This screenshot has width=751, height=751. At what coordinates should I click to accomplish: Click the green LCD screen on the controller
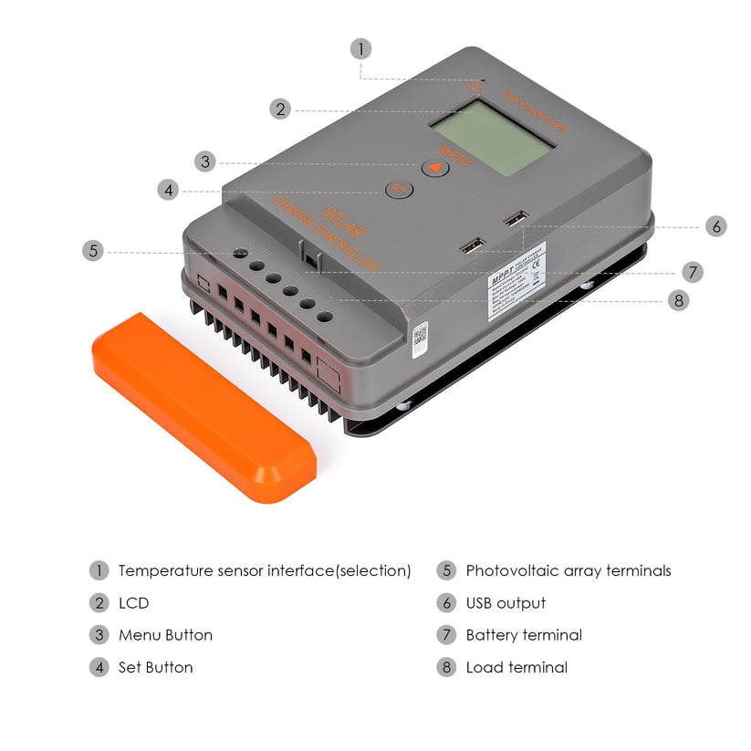pos(493,138)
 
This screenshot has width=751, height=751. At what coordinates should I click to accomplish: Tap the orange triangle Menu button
pos(435,167)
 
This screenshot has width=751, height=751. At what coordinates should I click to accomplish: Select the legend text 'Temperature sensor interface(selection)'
pos(265,571)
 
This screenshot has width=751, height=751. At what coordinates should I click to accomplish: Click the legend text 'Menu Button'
pos(165,635)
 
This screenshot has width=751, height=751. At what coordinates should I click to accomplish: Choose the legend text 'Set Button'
pos(155,667)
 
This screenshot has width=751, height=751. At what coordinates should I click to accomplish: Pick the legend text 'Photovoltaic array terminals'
pos(568,571)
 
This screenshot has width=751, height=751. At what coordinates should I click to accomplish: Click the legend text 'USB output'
pos(506,603)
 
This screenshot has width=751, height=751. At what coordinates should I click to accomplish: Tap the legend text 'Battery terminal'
pos(524,635)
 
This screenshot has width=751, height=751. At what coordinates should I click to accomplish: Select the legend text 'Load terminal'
pos(516,667)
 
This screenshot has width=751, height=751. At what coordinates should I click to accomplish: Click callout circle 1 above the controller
pos(360,48)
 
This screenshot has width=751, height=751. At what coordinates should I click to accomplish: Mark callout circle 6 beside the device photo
pos(716,226)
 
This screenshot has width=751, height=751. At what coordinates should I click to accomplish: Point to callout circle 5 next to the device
pos(92,250)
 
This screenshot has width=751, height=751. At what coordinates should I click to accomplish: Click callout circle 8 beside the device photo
pos(678,300)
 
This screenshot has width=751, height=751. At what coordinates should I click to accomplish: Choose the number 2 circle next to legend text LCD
pos(99,603)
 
